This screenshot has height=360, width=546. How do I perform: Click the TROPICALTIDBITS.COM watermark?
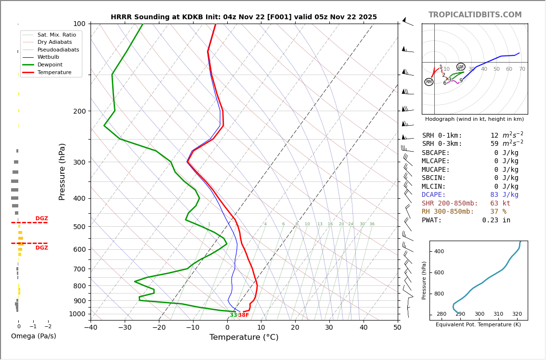coord(475,15)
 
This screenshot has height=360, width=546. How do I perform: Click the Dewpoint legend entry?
coord(50,64)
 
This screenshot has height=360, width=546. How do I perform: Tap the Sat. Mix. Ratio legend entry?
coord(56,35)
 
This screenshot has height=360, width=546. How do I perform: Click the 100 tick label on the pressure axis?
coord(79,24)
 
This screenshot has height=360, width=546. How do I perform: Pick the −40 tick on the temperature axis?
coord(91,328)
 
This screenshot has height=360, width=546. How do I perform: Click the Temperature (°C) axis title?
coord(244,337)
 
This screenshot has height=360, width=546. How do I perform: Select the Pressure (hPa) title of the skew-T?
coord(62,171)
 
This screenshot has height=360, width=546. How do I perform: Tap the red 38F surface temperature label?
coord(244,315)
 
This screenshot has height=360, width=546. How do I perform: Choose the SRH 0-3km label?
coord(442,144)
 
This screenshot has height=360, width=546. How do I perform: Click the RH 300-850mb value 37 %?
coord(498,212)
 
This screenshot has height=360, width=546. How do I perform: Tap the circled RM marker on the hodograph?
coord(429,82)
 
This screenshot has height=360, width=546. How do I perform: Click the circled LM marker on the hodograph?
coord(461,67)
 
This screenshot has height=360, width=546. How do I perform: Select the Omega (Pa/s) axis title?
coord(33,336)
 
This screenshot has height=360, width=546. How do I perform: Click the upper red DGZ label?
coord(41,219)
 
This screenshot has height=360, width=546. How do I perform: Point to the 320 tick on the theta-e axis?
coord(517,314)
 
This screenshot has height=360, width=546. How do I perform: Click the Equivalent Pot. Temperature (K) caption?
coord(478,325)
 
